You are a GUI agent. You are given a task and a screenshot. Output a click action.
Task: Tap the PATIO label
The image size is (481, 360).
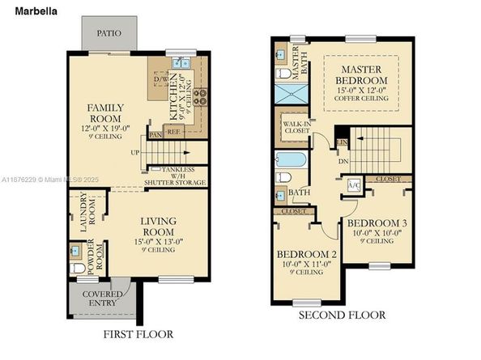tap(109, 33)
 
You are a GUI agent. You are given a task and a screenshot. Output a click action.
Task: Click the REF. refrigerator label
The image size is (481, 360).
tap(172, 130)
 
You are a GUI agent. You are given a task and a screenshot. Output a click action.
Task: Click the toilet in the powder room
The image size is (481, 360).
tap(76, 268)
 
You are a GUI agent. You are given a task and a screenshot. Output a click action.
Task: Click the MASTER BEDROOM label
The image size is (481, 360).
tap(362, 80)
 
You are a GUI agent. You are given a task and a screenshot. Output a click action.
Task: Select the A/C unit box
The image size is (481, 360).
tap(353, 184)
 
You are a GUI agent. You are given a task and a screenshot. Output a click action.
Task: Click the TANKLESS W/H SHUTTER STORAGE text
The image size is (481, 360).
tap(175, 178)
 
